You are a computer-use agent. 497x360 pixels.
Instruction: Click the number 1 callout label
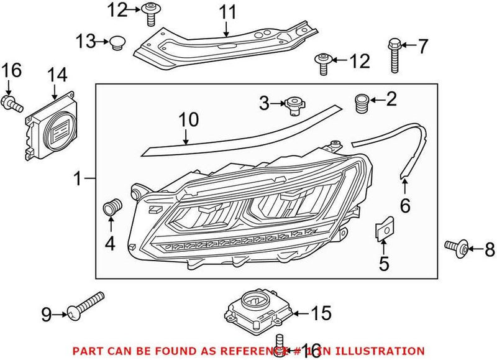tap(78, 180)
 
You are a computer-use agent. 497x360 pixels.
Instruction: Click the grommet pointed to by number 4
tap(112, 208)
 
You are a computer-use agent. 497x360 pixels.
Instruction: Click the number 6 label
tap(404, 205)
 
